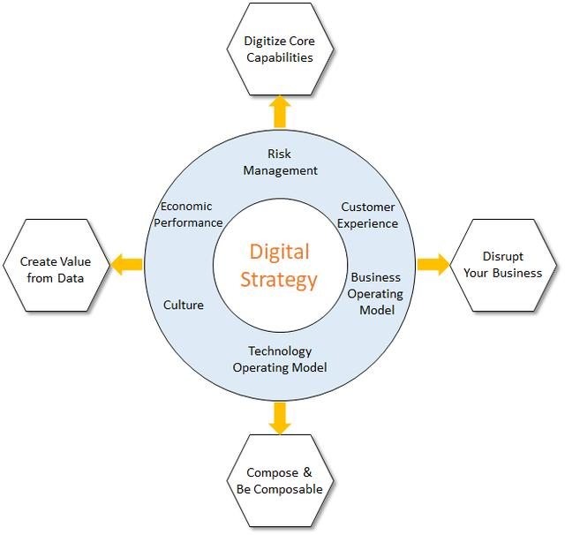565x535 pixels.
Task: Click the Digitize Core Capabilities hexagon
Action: (x=279, y=49)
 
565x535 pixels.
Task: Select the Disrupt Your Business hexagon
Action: (x=502, y=264)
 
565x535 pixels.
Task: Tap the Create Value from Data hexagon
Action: (x=56, y=270)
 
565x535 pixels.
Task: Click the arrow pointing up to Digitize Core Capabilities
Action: (x=280, y=111)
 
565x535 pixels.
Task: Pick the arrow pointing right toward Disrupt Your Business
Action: (x=433, y=263)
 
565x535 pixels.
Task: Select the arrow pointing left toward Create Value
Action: (x=126, y=263)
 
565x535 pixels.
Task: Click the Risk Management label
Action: (x=280, y=162)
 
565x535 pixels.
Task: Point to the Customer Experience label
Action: (x=369, y=215)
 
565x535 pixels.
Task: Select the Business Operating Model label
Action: (x=376, y=293)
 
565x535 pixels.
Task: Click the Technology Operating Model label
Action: (x=280, y=358)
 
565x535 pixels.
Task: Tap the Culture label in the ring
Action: (x=184, y=305)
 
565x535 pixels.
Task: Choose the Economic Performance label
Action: (x=188, y=214)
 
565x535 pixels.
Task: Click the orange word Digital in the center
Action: (x=280, y=252)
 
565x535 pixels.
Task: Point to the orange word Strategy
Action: (x=280, y=281)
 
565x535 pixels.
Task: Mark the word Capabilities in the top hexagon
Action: (x=280, y=57)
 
